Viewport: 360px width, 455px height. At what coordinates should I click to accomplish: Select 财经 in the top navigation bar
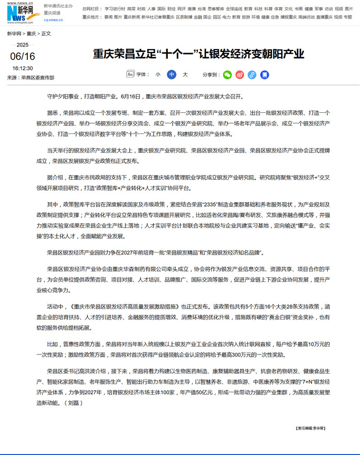pos(172,9)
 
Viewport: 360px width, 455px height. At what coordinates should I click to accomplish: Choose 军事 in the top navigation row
pos(319,9)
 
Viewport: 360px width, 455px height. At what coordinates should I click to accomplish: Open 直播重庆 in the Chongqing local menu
pos(324,17)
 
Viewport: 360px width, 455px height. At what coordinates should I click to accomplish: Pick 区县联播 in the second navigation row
pos(184,17)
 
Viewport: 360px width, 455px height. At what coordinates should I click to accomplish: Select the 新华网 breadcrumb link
pos(14,33)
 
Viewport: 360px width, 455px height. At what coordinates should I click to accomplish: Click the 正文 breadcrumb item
pos(45,33)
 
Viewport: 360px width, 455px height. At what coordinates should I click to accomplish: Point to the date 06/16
pos(23,56)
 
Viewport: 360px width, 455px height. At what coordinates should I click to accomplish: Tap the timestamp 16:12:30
pos(23,68)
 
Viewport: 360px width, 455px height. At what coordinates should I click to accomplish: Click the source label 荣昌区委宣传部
pos(38,78)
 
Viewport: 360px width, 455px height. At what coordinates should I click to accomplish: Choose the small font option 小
pos(158,75)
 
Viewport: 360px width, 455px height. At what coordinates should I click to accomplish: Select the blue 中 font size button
pos(172,75)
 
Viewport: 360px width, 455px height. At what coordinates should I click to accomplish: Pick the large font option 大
pos(185,75)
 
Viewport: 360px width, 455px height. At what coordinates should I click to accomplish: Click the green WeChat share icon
pos(227,75)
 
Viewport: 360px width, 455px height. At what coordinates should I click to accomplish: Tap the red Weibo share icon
pos(239,75)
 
